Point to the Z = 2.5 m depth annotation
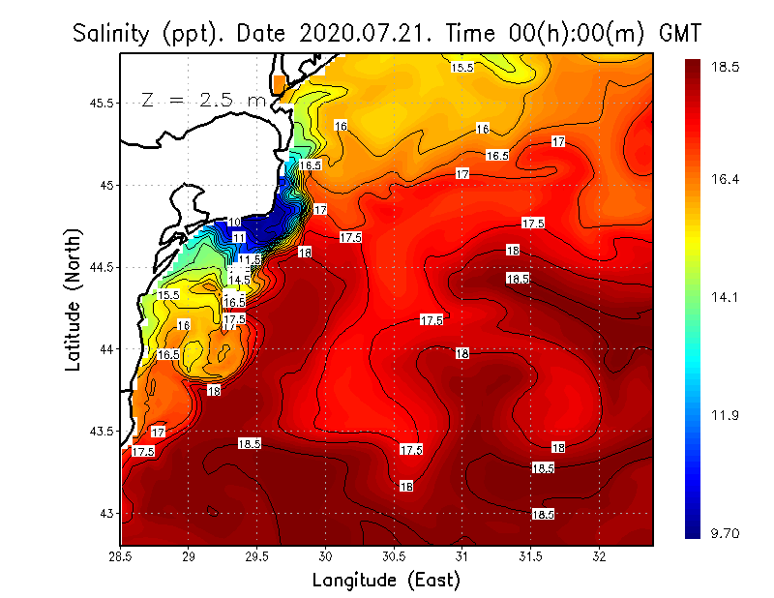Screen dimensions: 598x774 click(x=203, y=100)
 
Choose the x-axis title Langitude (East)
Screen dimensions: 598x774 click(x=386, y=580)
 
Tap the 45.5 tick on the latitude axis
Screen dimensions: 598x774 click(x=101, y=103)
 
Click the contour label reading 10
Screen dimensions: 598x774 click(x=235, y=223)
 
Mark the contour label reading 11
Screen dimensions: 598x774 click(x=239, y=237)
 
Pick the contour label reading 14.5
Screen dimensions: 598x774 click(x=239, y=280)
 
